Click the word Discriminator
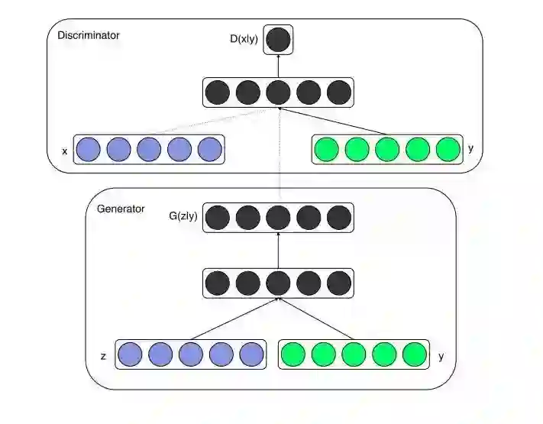89,35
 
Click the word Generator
121,208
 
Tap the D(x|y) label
245,38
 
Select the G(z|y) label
183,216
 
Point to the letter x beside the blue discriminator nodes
64,151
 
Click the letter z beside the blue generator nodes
102,356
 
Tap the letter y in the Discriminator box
470,148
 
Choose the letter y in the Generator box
441,355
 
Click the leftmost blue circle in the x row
89,149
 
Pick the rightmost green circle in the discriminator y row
448,149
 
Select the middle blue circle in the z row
191,354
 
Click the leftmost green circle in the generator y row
293,354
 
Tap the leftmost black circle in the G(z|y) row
218,217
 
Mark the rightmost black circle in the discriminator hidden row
338,92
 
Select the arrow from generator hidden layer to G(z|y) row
279,251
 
